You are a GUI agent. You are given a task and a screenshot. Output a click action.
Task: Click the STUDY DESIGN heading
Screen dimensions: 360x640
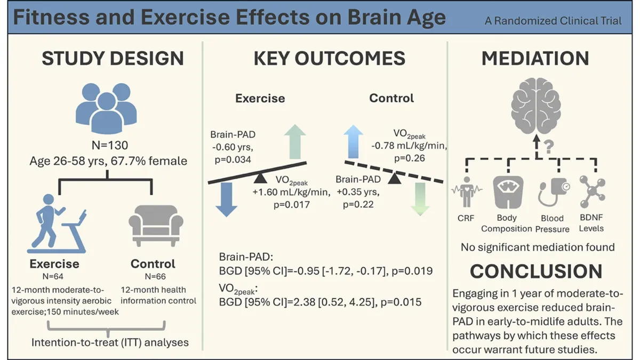[113, 58]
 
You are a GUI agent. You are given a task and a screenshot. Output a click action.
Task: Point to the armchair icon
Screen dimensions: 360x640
[152, 227]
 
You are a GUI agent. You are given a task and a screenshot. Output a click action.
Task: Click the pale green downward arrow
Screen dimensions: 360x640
[420, 198]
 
